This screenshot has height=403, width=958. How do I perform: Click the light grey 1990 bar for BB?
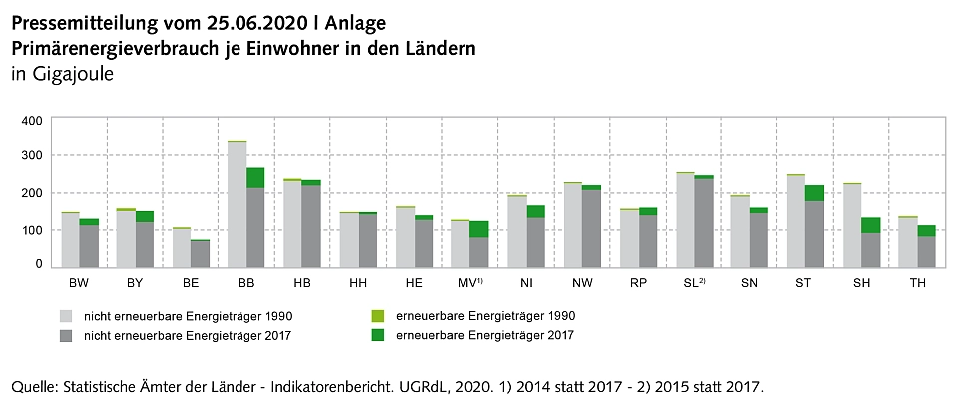tap(237, 204)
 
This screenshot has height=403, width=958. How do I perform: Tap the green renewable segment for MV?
tap(479, 229)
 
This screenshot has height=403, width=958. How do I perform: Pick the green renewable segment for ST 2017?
tap(814, 193)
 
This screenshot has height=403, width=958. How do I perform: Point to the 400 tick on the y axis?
tap(31, 120)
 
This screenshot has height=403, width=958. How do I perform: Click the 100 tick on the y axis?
tap(31, 230)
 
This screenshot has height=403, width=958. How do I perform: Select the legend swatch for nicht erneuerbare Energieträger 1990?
tap(66, 316)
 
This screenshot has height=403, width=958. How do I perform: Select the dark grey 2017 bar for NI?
tap(536, 242)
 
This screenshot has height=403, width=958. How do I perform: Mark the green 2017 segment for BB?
tap(255, 178)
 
